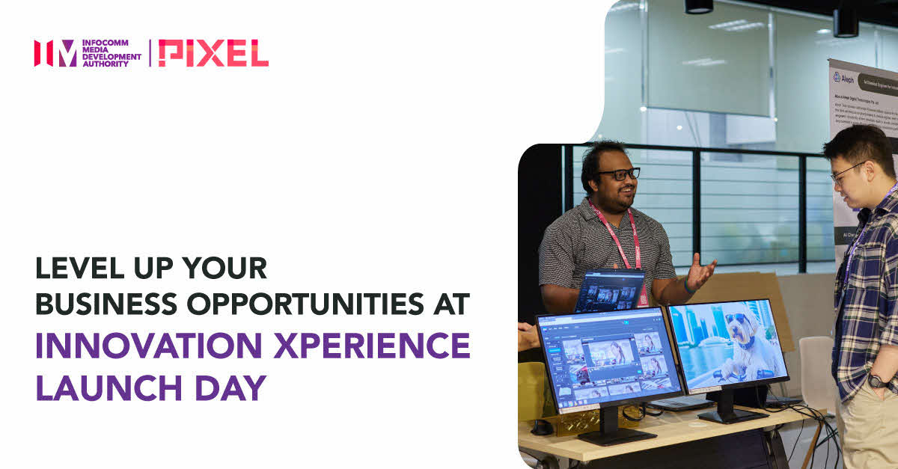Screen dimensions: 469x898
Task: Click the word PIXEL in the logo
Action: (x=213, y=53)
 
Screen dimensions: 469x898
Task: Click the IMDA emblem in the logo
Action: (x=55, y=53)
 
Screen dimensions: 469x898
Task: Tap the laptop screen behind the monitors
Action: (x=610, y=289)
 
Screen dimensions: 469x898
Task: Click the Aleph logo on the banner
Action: (x=843, y=77)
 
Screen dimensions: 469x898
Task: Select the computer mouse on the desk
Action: (x=543, y=427)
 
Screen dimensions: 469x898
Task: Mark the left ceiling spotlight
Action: (x=698, y=7)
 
